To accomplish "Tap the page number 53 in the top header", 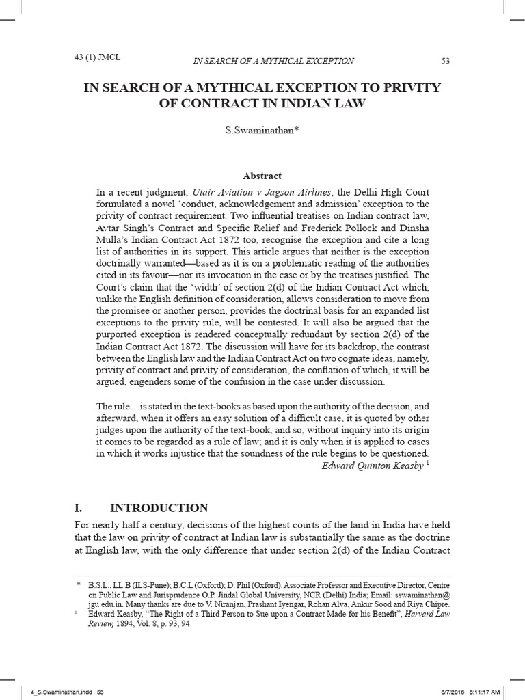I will point(446,62).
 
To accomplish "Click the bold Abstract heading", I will point(262,176).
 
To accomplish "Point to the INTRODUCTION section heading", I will point(159,508).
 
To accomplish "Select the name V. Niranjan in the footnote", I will point(247,604).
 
